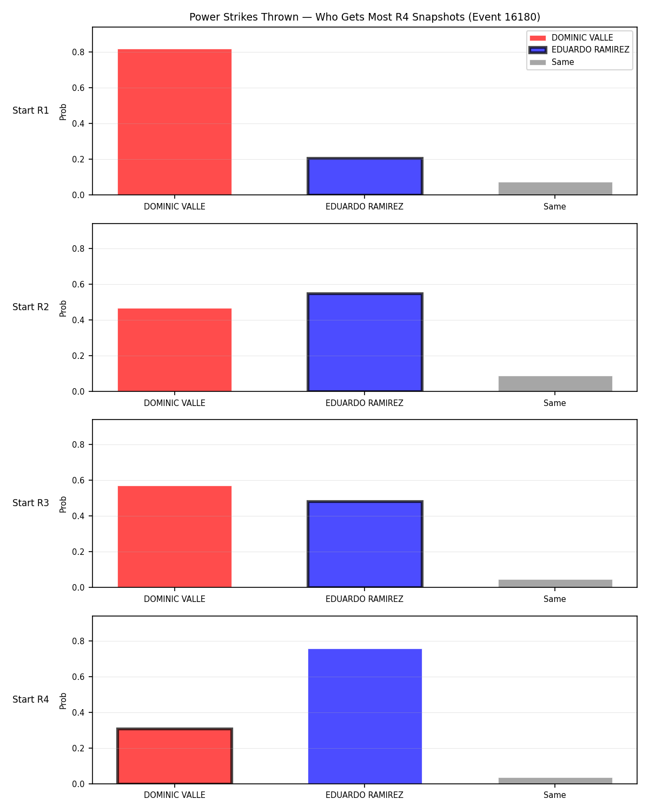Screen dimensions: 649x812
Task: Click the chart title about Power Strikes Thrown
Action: point(365,17)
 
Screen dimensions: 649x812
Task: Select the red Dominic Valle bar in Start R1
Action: point(175,122)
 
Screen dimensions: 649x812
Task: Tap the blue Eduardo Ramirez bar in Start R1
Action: point(365,176)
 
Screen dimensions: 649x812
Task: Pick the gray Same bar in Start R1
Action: point(555,189)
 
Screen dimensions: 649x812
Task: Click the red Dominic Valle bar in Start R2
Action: point(175,350)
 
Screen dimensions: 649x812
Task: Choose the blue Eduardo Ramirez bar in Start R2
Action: point(365,342)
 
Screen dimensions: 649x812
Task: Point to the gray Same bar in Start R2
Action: point(555,384)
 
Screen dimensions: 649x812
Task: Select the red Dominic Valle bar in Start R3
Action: point(175,536)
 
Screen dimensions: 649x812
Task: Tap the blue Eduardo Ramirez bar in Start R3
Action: point(365,543)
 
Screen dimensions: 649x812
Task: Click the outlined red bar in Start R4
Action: point(175,756)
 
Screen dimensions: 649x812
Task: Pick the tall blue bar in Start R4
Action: point(365,716)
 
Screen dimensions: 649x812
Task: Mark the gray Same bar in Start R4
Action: point(555,781)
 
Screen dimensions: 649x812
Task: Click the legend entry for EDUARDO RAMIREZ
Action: point(579,50)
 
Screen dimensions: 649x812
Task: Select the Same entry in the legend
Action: point(552,62)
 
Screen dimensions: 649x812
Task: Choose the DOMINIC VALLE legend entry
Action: point(571,38)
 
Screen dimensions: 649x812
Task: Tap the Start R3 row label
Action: point(30,503)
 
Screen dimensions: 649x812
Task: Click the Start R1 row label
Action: point(30,110)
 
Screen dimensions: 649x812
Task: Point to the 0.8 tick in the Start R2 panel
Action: point(78,248)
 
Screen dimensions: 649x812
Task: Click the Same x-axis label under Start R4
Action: point(554,795)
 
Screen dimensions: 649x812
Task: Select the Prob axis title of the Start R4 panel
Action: point(63,701)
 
